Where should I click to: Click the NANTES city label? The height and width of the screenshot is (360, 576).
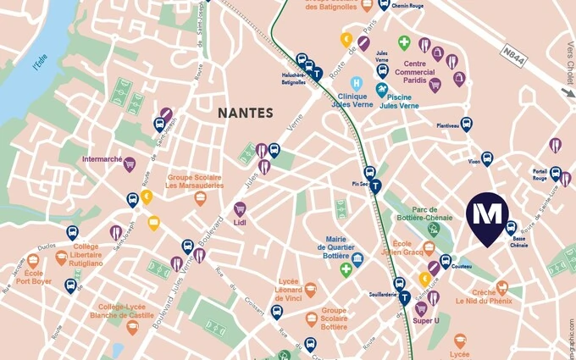click(246, 113)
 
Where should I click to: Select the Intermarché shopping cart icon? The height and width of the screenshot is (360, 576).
click(130, 164)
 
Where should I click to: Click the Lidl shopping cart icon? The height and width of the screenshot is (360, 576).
click(240, 208)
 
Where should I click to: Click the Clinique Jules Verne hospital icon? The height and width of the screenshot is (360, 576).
click(357, 84)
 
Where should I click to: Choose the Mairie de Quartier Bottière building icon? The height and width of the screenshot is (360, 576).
click(357, 259)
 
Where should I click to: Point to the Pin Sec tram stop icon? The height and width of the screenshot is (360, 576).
click(375, 186)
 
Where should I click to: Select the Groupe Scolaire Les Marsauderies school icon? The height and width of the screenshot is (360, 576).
click(201, 199)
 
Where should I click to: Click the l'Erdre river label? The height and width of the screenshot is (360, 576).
click(38, 60)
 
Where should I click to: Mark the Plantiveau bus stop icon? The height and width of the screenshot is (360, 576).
click(466, 125)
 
